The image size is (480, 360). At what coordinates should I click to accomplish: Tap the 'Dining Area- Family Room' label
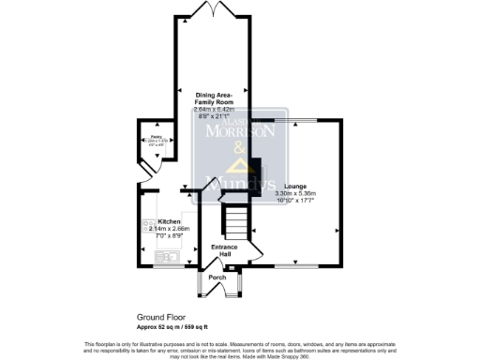point(220,98)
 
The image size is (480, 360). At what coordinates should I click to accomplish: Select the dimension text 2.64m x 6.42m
point(217,110)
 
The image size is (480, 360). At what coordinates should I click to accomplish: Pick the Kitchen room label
point(169,220)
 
